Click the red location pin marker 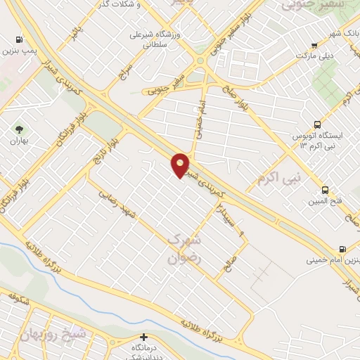pyautogui.click(x=181, y=165)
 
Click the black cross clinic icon pyautogui.click(x=143, y=337)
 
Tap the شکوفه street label pyautogui.click(x=13, y=300)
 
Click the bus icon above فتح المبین pyautogui.click(x=325, y=190)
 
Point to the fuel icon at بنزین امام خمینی pyautogui.click(x=342, y=248)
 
